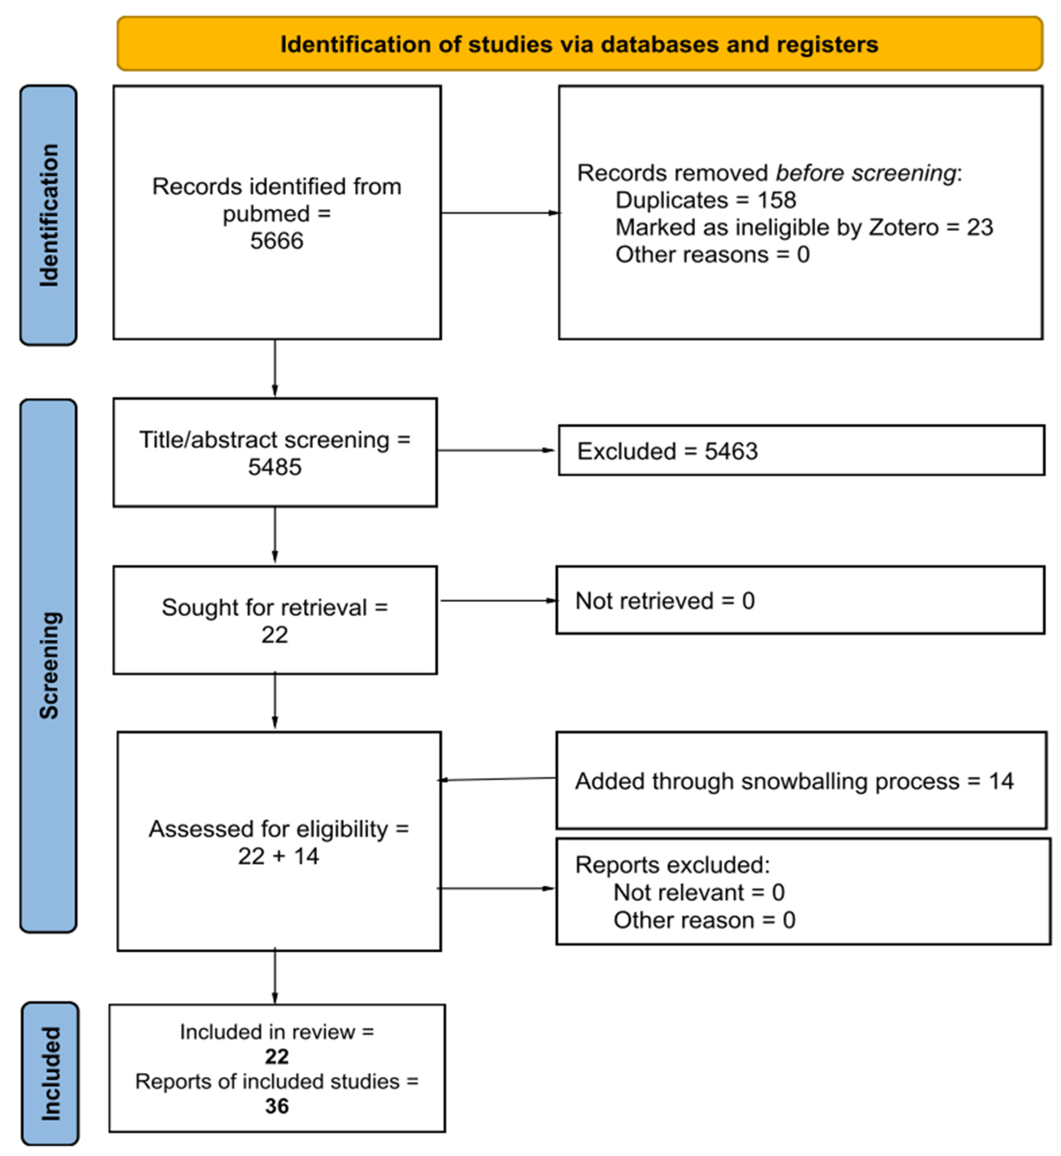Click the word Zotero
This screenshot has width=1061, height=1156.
click(904, 227)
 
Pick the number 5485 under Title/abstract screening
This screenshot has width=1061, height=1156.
click(275, 467)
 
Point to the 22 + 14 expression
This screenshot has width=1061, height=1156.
click(278, 856)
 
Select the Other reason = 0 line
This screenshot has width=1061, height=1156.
click(704, 920)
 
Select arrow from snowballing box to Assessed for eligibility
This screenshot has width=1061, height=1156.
click(497, 779)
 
